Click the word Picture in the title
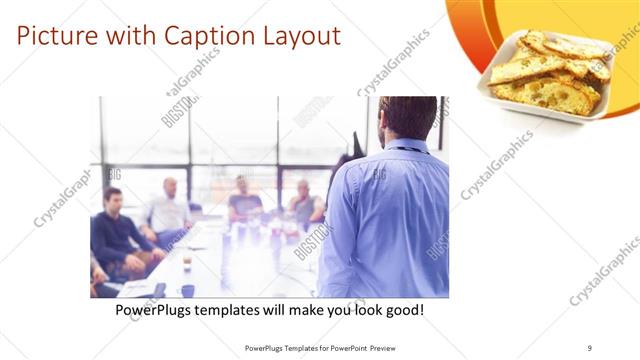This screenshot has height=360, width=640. (x=55, y=37)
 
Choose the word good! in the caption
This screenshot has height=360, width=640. (x=403, y=311)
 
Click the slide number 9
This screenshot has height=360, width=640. (x=589, y=348)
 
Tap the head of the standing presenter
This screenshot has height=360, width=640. (x=407, y=117)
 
